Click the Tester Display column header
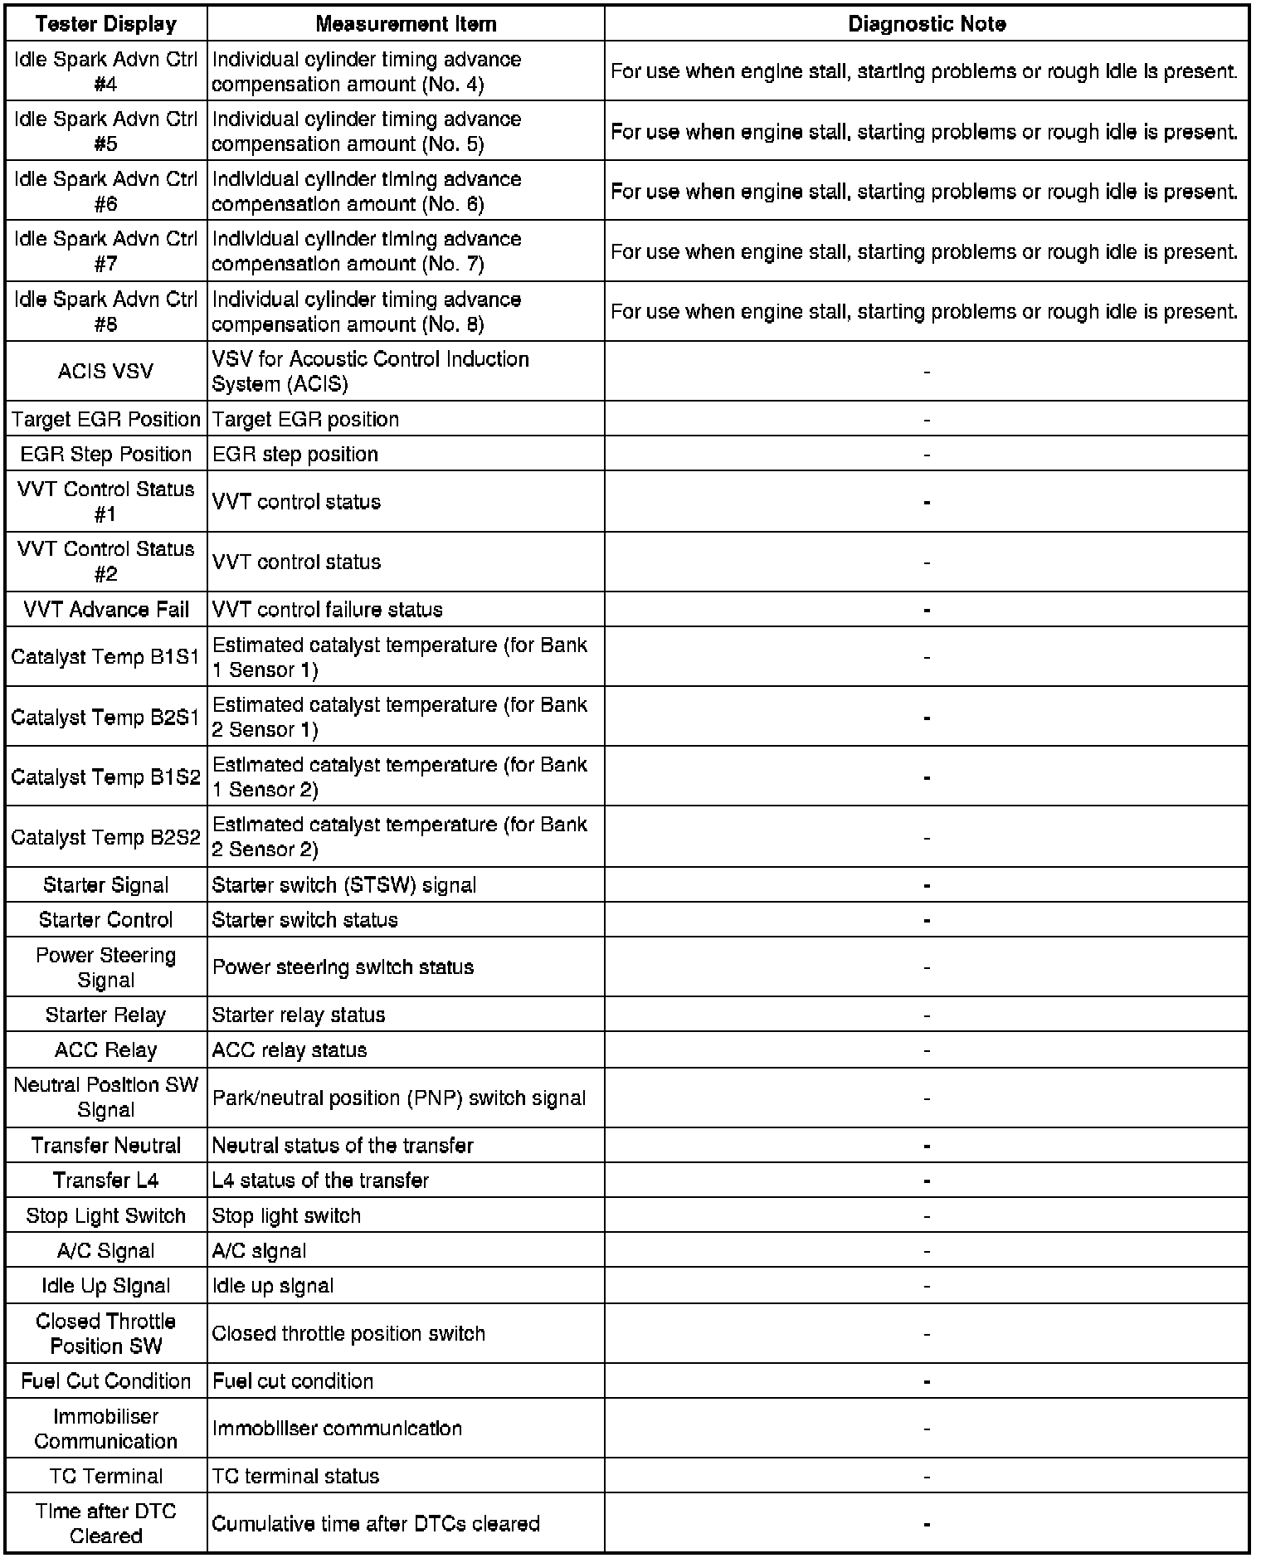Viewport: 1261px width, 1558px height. click(x=106, y=24)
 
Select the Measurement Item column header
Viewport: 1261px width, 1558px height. click(x=406, y=24)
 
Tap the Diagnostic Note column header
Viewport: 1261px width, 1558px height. click(x=927, y=24)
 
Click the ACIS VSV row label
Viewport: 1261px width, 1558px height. click(x=106, y=371)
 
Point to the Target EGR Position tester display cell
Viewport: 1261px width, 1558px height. click(x=106, y=419)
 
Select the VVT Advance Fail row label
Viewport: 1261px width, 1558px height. click(x=106, y=610)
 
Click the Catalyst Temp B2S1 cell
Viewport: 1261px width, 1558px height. click(x=106, y=717)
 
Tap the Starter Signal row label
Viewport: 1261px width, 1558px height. click(x=106, y=885)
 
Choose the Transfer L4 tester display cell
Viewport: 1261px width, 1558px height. click(x=106, y=1181)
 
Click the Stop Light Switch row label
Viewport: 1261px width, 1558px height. click(x=106, y=1215)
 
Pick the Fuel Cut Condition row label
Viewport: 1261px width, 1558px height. click(x=106, y=1380)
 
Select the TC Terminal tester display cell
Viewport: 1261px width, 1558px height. click(x=106, y=1476)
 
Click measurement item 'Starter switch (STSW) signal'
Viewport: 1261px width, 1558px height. click(x=344, y=885)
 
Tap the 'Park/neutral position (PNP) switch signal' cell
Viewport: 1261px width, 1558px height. click(x=399, y=1098)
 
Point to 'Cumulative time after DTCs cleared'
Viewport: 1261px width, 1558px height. click(x=376, y=1523)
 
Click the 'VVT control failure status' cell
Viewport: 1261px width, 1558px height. click(x=328, y=610)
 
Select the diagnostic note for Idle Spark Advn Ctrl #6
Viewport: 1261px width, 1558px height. click(x=924, y=192)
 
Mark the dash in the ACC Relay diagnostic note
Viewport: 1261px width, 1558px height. click(x=927, y=1050)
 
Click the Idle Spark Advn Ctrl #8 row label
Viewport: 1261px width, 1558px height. click(x=106, y=311)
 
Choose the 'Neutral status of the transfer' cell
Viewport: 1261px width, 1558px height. click(x=343, y=1146)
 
